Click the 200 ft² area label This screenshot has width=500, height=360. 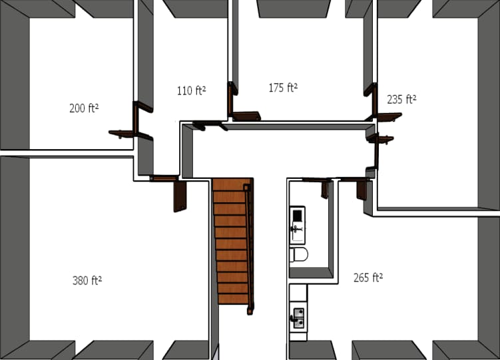tap(84, 108)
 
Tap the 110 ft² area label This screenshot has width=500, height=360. tap(191, 90)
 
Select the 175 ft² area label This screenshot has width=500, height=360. tap(283, 87)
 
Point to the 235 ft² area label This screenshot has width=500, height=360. tap(401, 99)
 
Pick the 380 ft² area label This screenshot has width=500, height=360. tap(87, 280)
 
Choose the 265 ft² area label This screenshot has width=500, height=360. tap(368, 277)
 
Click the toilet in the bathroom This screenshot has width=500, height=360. tap(299, 255)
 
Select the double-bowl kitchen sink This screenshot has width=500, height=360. tap(298, 317)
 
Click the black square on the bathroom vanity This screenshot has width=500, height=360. tap(298, 215)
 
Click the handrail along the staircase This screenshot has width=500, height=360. tap(250, 246)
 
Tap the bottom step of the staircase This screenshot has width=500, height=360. tap(233, 298)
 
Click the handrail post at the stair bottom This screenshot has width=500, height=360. tap(250, 310)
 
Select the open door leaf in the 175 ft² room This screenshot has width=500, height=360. tap(247, 116)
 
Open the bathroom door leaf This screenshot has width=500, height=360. tap(325, 190)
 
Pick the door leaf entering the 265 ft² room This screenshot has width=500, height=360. tap(362, 190)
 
